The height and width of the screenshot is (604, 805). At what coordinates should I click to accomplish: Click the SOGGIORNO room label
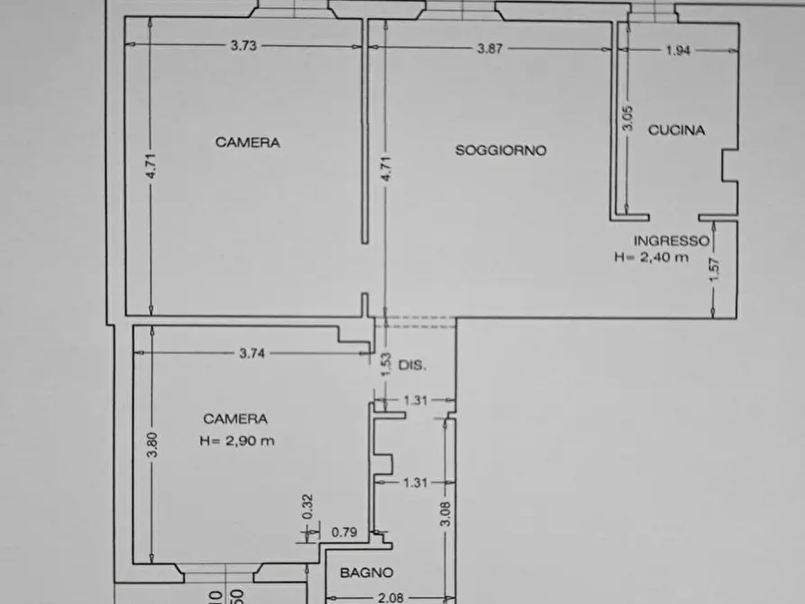pos(500,151)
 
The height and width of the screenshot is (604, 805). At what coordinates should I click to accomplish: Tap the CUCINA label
pos(676,130)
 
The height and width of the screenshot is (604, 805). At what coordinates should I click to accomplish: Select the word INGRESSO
pos(672,241)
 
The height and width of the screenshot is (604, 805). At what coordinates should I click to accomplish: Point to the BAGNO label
pos(366,572)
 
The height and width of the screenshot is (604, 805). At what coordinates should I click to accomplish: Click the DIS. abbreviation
pos(412,366)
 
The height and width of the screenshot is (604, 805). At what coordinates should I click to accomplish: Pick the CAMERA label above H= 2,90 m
pos(234,418)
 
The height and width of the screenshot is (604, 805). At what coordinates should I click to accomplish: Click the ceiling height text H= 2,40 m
pos(652,257)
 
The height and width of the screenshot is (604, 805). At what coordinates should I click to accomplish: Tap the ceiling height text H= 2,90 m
pos(237,441)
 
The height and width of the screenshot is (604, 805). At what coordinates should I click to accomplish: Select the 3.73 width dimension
pos(244,48)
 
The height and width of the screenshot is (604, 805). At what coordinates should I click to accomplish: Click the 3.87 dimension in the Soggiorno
pos(489,49)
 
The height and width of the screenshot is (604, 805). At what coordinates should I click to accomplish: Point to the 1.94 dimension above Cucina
pos(678,50)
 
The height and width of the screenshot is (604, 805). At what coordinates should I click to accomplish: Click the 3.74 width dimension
pos(252,354)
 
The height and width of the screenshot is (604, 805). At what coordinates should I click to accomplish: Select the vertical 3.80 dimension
pos(152,446)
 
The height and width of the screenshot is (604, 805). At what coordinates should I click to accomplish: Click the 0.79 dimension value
pos(344,533)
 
